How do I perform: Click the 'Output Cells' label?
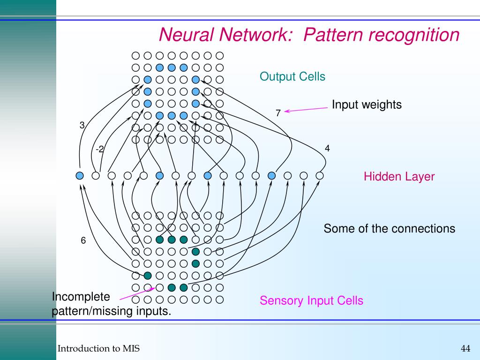(x=292, y=76)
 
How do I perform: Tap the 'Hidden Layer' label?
(x=399, y=177)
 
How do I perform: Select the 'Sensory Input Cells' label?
(x=311, y=300)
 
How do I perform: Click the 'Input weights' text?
(x=367, y=105)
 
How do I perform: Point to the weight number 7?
(x=278, y=113)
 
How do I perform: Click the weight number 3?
(x=82, y=125)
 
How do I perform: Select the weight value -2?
(x=100, y=149)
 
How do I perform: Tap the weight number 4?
(x=327, y=149)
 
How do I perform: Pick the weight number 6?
(x=83, y=240)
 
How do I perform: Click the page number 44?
(x=465, y=348)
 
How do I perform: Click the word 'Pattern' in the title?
(x=333, y=35)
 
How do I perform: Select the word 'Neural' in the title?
(x=186, y=35)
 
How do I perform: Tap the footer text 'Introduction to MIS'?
(x=98, y=348)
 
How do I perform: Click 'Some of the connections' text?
(x=390, y=229)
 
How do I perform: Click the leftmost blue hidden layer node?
(x=80, y=176)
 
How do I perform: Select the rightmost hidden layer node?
(x=320, y=176)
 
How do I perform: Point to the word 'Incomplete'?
(x=81, y=297)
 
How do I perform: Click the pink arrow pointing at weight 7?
(x=306, y=110)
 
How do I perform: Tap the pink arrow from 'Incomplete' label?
(x=137, y=293)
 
